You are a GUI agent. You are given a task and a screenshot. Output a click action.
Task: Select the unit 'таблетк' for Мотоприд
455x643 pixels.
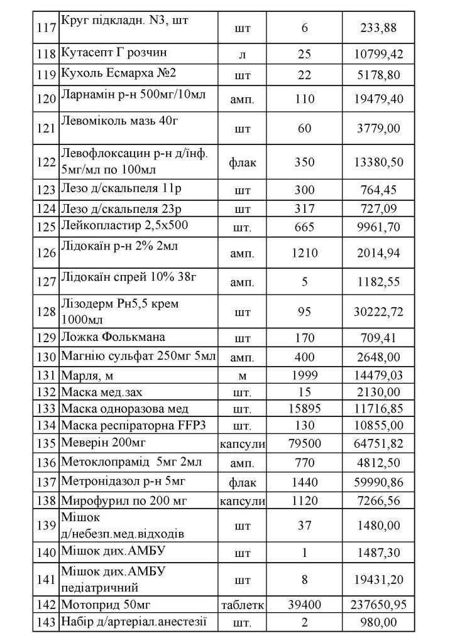click(242, 605)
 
